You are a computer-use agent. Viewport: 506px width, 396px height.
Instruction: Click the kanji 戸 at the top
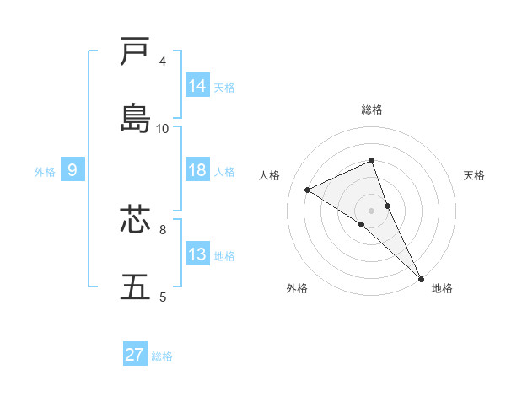point(135,52)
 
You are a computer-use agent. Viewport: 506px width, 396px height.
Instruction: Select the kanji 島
point(135,118)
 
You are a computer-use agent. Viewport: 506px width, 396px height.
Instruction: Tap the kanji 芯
point(135,219)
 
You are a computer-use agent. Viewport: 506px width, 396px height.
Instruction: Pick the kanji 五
point(135,286)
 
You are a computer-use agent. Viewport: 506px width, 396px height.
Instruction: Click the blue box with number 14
point(197,86)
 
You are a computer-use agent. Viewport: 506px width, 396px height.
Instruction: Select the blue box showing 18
point(197,170)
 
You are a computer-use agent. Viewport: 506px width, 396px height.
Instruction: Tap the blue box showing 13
point(197,254)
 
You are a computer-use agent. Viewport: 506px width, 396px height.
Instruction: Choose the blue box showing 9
point(73,170)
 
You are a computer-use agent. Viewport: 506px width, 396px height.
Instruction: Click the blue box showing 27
point(135,355)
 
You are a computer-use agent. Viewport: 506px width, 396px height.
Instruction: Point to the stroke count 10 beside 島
point(163,128)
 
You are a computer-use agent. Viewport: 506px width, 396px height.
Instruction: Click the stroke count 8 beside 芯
point(163,228)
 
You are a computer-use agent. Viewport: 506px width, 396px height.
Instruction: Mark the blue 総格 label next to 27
point(162,356)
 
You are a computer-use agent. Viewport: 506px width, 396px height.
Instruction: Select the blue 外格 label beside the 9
point(45,172)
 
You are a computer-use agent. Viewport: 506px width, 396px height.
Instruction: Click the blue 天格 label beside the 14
point(224,88)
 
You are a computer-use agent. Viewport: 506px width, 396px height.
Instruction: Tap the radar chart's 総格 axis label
point(372,110)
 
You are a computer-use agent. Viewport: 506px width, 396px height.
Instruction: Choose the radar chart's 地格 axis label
point(442,288)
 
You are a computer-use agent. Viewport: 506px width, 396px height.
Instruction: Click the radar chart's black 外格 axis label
point(297,288)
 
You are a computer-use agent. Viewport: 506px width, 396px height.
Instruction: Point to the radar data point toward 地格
point(421,277)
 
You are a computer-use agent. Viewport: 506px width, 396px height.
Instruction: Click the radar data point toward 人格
point(307,190)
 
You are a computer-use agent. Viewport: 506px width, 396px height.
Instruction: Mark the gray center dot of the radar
point(372,210)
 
